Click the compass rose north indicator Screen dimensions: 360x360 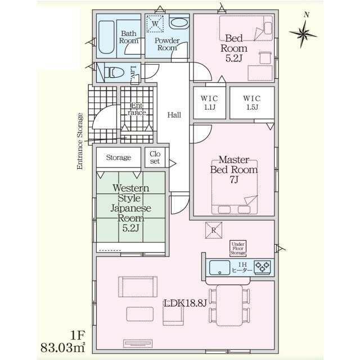(x=303, y=34)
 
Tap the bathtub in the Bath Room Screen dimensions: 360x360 (x=106, y=37)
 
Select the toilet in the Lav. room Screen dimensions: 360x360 (x=114, y=73)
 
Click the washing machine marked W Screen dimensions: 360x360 (x=155, y=24)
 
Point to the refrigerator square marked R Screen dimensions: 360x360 (x=214, y=230)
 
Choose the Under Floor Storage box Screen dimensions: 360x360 (x=238, y=249)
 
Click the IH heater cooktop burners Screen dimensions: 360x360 (x=263, y=268)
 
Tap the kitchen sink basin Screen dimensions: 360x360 (x=219, y=268)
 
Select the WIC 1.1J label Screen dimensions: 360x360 (x=209, y=103)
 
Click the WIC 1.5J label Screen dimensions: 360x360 (x=252, y=103)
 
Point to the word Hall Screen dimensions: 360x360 (x=174, y=115)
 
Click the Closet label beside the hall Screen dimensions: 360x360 (x=155, y=157)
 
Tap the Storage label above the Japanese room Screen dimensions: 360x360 (x=119, y=157)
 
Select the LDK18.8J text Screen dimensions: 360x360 (x=185, y=303)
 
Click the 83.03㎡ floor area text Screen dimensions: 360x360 (x=62, y=348)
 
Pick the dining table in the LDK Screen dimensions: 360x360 (x=229, y=305)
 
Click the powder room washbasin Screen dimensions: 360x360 (x=179, y=23)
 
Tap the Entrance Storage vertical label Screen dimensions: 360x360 (x=80, y=141)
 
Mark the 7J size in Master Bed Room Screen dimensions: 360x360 (x=234, y=180)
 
